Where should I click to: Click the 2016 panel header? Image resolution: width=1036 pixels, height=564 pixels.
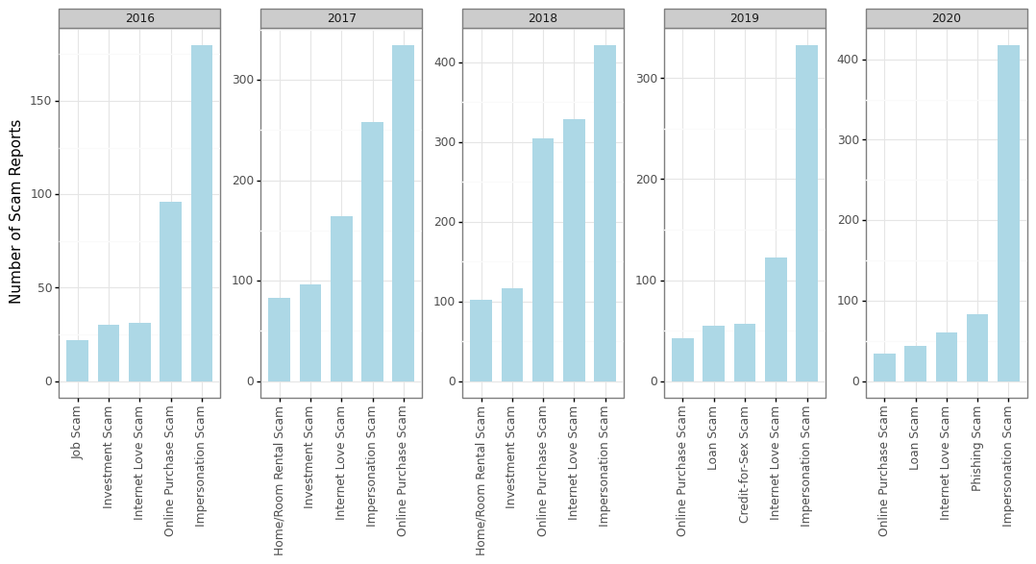(x=139, y=18)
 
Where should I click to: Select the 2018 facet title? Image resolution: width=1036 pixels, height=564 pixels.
(x=542, y=18)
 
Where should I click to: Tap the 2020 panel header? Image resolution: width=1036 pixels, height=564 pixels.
(x=946, y=18)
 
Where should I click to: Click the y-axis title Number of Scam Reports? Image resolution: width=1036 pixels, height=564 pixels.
(x=16, y=211)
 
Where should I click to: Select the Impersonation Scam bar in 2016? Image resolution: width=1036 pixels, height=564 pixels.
(x=202, y=213)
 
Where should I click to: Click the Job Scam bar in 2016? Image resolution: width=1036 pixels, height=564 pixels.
(x=77, y=360)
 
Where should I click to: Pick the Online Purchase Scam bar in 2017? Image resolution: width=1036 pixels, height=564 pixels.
(x=403, y=213)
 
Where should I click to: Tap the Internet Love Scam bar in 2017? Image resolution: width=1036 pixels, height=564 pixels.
(x=341, y=299)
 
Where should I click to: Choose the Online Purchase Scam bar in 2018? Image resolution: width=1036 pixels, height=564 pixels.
(x=543, y=259)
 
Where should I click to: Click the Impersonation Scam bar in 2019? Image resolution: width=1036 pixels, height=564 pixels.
(x=806, y=213)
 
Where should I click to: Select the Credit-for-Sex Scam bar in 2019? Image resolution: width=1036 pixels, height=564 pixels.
(x=745, y=353)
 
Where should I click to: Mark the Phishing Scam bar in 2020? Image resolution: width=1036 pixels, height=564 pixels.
(x=977, y=348)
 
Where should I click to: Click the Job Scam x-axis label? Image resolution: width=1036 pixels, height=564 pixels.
(x=78, y=432)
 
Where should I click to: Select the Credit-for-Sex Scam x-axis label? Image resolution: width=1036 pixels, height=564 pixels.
(x=745, y=464)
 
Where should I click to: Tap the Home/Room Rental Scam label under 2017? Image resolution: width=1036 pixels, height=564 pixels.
(x=280, y=480)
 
